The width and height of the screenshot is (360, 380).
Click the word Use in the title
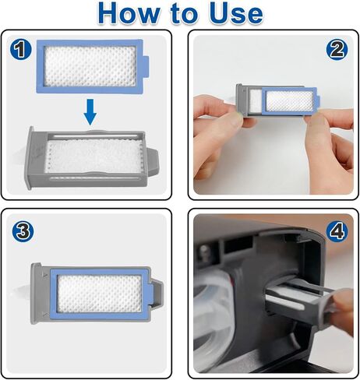(x=233, y=14)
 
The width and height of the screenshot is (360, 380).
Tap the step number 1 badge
(x=21, y=51)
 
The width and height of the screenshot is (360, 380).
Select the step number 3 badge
(x=21, y=231)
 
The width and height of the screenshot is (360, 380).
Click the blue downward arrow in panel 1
(x=91, y=114)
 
